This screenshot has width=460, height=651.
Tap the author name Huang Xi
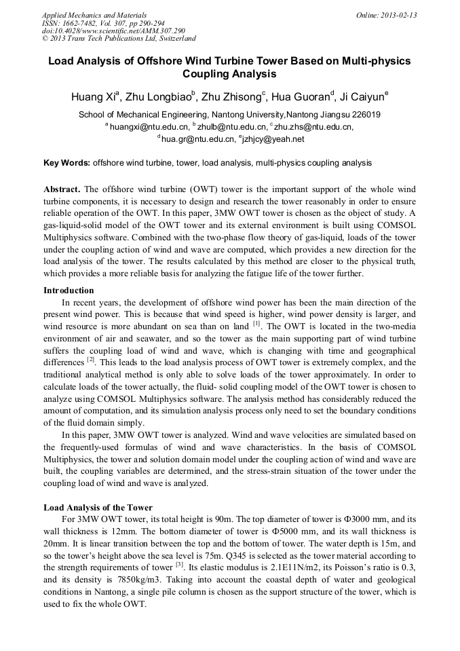tap(94, 96)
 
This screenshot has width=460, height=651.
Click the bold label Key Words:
tap(66, 163)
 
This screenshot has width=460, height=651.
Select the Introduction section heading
tap(69, 290)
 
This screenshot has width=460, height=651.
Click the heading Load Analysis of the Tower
tap(98, 507)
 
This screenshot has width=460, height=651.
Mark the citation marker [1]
tap(256, 324)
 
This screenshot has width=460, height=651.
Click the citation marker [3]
tap(179, 564)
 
